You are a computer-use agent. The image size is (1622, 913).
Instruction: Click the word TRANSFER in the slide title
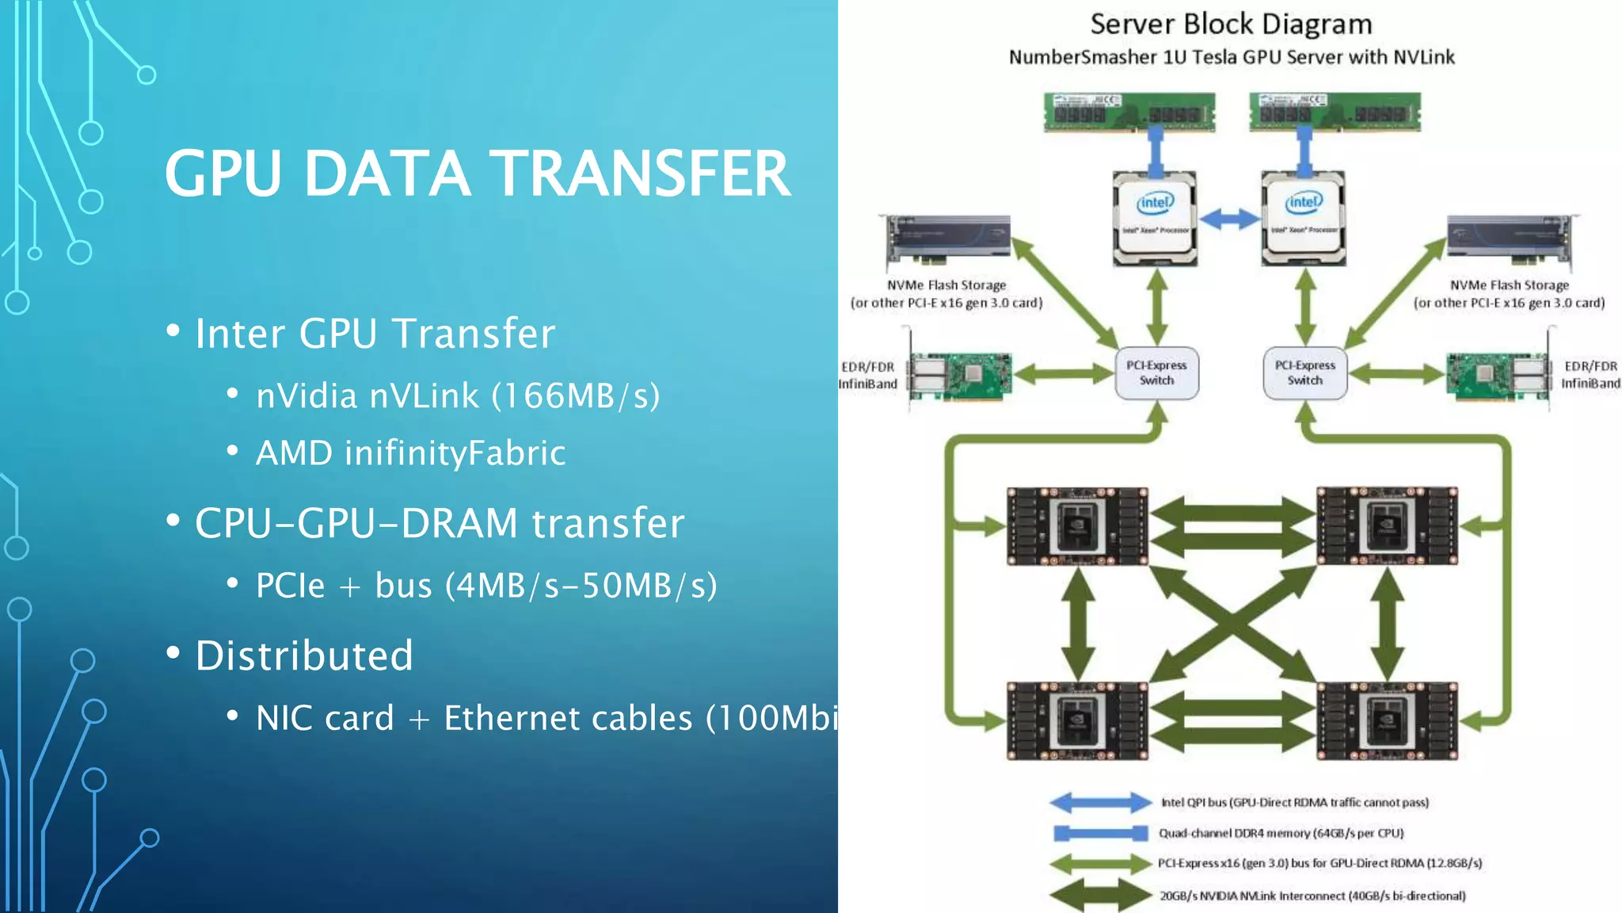(640, 174)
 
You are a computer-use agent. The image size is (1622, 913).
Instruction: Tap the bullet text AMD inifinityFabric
(410, 453)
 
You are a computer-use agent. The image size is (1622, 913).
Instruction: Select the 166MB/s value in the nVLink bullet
(576, 396)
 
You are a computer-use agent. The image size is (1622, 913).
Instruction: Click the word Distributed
(304, 656)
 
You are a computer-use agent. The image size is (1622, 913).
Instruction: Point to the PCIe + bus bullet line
(486, 586)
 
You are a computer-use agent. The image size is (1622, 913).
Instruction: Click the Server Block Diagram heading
(1231, 25)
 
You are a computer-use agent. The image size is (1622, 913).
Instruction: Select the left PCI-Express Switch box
(1156, 372)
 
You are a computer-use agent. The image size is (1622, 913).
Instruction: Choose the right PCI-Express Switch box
(1304, 372)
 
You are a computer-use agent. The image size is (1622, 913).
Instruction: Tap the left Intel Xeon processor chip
(1155, 218)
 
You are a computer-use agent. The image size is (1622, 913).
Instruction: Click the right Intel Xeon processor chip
(1304, 218)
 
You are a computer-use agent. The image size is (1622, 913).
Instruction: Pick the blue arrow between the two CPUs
(1229, 219)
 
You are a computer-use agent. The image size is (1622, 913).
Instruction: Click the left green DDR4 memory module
(1129, 112)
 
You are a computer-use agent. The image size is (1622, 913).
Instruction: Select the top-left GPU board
(1077, 526)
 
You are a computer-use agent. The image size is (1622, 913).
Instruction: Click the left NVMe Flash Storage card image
(948, 243)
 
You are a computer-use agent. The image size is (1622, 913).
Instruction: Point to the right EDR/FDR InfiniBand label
(1590, 375)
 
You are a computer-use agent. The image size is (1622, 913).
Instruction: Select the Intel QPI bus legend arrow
(1100, 803)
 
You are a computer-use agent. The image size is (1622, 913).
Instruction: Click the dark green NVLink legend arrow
(1100, 896)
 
